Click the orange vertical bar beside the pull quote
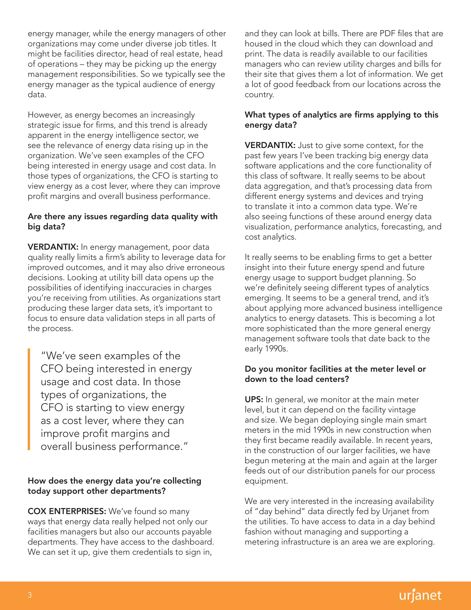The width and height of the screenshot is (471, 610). pyautogui.click(x=29, y=399)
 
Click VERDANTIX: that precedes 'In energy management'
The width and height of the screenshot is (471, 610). pyautogui.click(x=53, y=247)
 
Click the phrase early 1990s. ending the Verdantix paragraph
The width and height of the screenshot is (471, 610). pyautogui.click(x=266, y=349)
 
